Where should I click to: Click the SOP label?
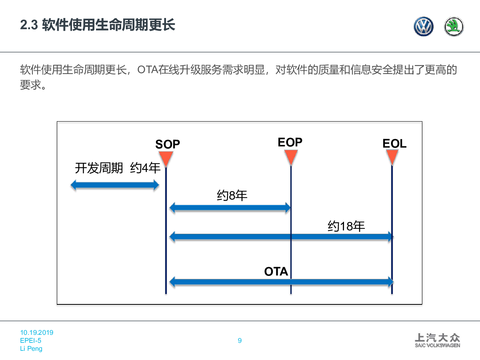coord(168,144)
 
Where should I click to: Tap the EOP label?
coord(290,142)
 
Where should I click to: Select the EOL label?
coord(394,144)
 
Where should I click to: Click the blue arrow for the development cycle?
coord(115,185)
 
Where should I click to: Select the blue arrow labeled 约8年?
coord(230,208)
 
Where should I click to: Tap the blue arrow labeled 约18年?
coord(282,236)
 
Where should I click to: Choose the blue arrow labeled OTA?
coord(282,282)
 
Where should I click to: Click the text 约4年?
coord(145,168)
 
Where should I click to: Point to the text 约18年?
coord(346,226)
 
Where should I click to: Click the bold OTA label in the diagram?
coord(276,272)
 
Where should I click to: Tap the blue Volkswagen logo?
coord(423,26)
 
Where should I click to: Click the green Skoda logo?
coord(454,26)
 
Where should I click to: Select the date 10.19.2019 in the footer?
coord(37,332)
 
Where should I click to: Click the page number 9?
coord(240,340)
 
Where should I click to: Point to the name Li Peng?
coord(31,348)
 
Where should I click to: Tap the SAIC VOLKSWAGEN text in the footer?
coord(437,345)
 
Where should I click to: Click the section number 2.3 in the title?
coord(29,25)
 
